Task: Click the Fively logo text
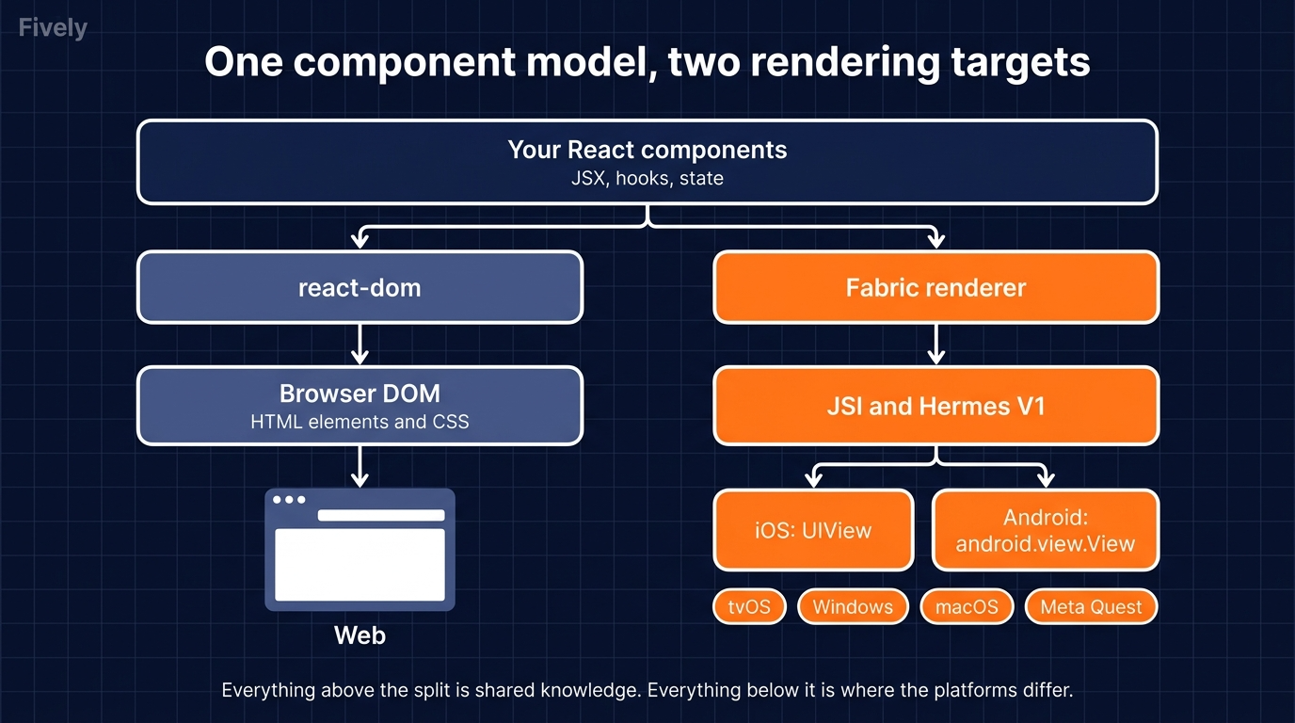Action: click(53, 28)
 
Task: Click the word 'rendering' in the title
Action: click(845, 63)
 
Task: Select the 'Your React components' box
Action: click(647, 162)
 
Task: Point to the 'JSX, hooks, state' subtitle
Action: click(647, 178)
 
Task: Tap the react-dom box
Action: click(360, 287)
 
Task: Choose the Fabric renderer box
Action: click(936, 287)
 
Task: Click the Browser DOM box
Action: click(360, 406)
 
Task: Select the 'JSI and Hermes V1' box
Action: click(936, 406)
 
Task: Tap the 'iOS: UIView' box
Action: click(813, 530)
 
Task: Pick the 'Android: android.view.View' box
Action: click(1046, 530)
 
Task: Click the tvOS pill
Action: click(749, 607)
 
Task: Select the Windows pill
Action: click(853, 607)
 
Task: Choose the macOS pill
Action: click(967, 607)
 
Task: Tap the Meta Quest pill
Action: click(1091, 607)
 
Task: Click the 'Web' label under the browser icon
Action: click(360, 635)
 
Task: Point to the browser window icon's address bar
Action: click(381, 515)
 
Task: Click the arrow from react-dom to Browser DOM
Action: click(360, 345)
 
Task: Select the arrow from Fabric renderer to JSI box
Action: click(936, 345)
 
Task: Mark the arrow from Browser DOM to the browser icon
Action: click(360, 466)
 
